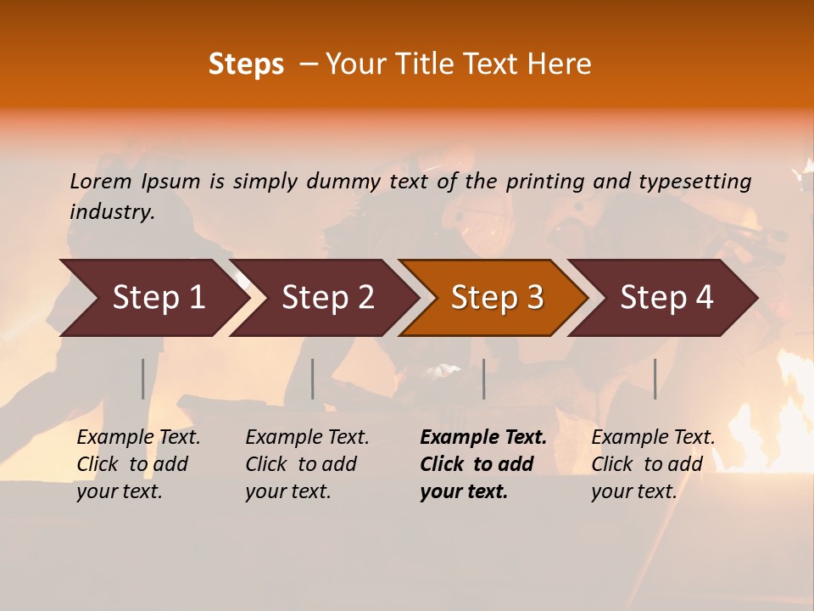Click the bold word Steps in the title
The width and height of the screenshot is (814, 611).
(246, 64)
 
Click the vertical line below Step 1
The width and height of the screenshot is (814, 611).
(143, 378)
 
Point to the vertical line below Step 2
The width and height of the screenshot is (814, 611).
(313, 378)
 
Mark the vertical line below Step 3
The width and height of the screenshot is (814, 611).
(483, 378)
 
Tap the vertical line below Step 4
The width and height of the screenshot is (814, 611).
(655, 378)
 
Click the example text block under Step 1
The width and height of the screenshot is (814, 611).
(138, 464)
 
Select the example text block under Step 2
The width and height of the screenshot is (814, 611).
(307, 464)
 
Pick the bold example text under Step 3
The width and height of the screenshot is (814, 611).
(483, 464)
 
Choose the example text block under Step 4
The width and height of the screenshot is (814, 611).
(653, 464)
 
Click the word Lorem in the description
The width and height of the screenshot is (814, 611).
(99, 182)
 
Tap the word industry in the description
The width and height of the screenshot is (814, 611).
(112, 212)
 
